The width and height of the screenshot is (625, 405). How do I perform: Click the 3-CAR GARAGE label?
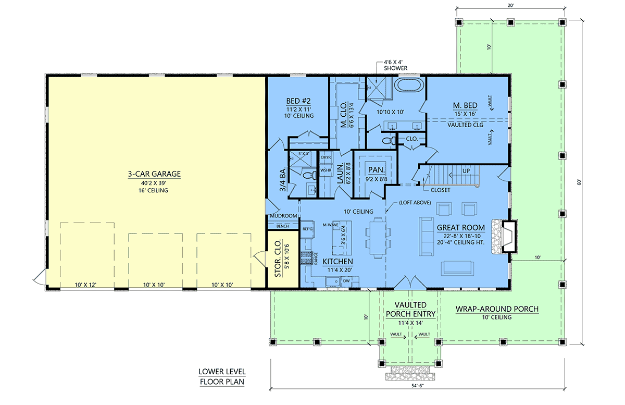coord(154,174)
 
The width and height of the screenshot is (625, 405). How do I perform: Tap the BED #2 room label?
coord(300,101)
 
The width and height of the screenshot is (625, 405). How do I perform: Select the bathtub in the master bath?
coord(409,86)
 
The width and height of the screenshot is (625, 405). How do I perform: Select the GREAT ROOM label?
coord(460,227)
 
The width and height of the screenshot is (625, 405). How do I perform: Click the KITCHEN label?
coord(337,261)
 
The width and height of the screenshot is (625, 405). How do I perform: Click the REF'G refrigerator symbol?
coord(307,229)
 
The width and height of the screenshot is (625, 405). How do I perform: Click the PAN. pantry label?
coord(376,170)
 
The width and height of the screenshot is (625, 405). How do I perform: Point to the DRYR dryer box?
coord(326,157)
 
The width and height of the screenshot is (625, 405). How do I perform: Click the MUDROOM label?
coord(283,216)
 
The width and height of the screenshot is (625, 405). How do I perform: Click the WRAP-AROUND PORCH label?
coord(497,309)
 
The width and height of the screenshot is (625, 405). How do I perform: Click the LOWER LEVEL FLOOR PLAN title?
coord(221,377)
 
